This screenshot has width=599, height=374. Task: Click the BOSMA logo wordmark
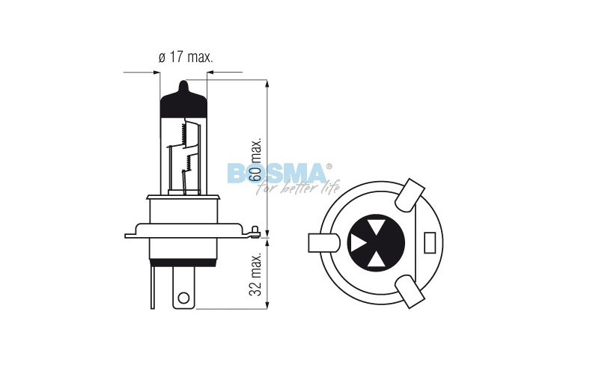tap(277, 174)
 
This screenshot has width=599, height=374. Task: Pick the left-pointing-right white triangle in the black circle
tap(359, 243)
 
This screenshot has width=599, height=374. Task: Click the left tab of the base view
tap(322, 243)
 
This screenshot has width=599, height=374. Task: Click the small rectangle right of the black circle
tap(430, 243)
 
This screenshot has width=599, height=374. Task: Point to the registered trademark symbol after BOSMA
tap(329, 166)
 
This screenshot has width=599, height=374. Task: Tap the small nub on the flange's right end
tap(256, 230)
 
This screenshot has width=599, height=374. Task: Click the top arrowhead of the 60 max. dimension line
tap(267, 80)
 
